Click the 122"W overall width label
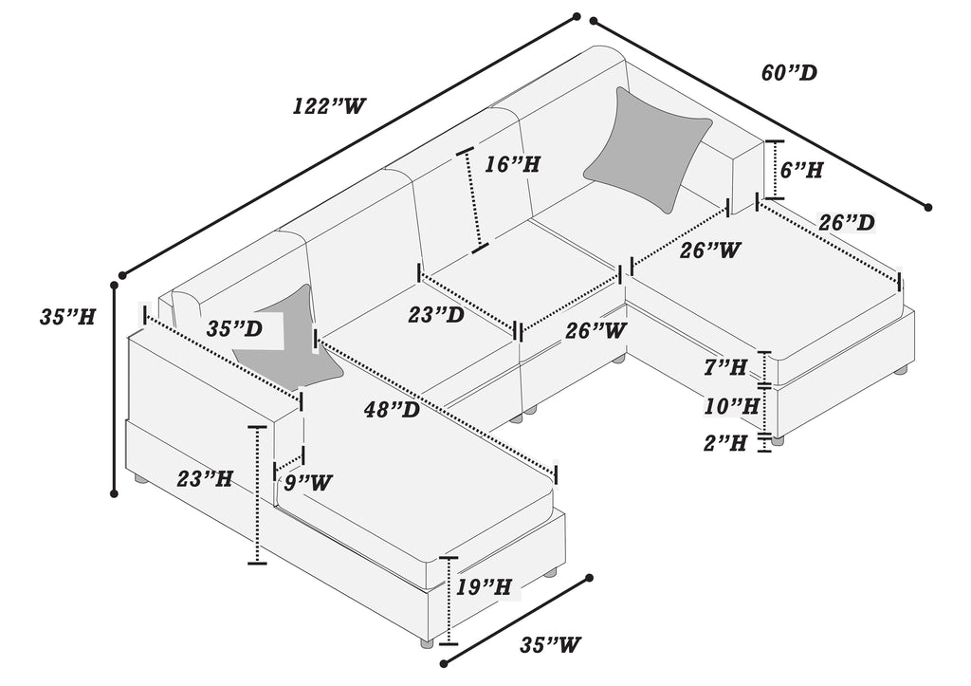(325, 106)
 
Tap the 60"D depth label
(789, 73)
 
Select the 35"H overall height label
(67, 317)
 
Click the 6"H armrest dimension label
(801, 169)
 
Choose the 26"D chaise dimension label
(847, 222)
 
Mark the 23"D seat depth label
(436, 315)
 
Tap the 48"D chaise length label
(392, 410)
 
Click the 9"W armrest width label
(308, 482)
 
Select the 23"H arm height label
(205, 478)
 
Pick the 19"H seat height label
(484, 586)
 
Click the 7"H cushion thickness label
(724, 367)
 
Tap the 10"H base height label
(731, 407)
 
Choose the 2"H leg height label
(724, 443)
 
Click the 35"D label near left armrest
(234, 328)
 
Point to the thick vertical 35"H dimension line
(115, 389)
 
